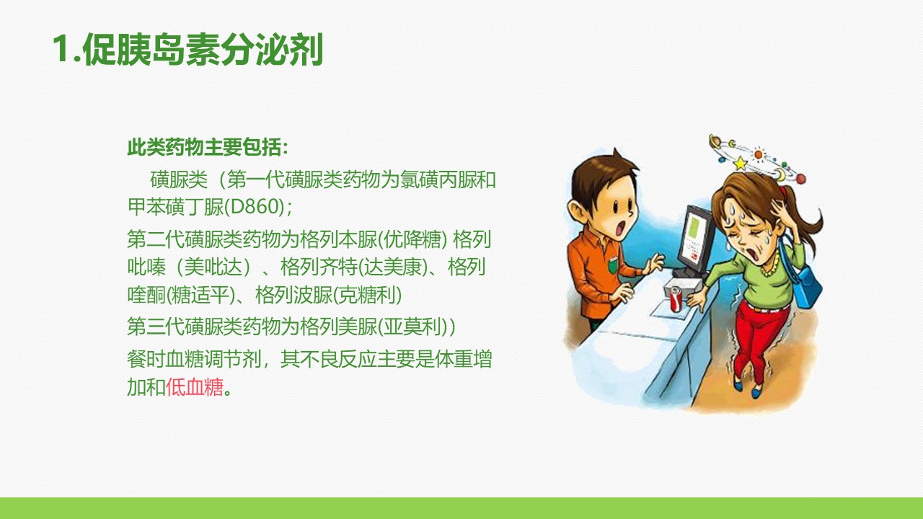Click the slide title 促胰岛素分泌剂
(x=203, y=50)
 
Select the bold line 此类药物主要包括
(x=204, y=147)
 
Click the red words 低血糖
(x=195, y=387)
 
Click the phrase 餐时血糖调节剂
(x=194, y=359)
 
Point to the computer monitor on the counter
(x=697, y=240)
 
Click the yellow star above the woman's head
(x=741, y=164)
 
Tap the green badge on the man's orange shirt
(x=613, y=265)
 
